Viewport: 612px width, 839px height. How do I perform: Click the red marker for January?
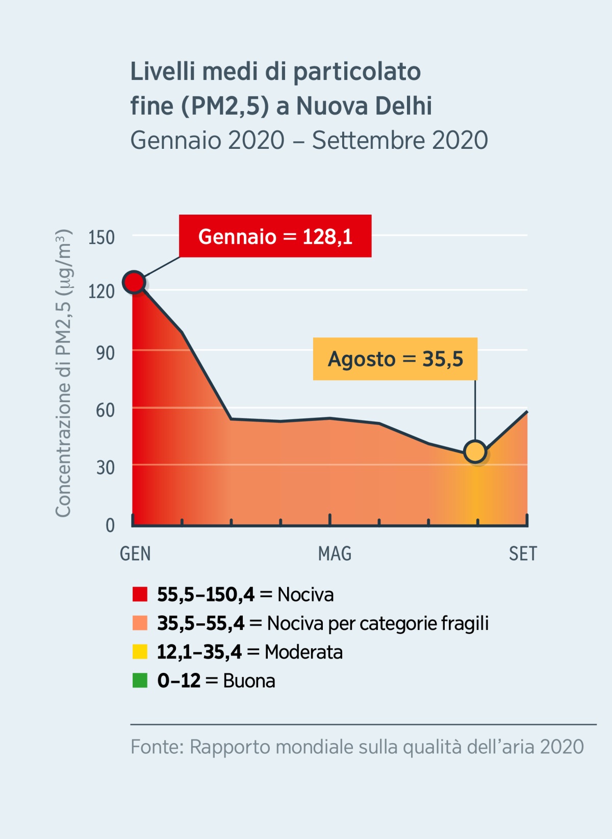tap(134, 282)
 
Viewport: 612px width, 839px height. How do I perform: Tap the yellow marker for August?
tap(475, 452)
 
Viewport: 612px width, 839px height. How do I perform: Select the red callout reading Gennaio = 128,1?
tap(275, 236)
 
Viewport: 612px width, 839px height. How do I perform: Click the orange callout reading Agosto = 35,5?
tap(395, 359)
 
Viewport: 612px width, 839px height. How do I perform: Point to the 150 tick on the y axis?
tap(101, 238)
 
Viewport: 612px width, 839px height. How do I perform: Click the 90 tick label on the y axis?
tap(105, 353)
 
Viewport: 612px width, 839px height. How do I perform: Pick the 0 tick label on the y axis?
tap(110, 525)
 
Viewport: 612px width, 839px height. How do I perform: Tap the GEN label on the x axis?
tap(135, 554)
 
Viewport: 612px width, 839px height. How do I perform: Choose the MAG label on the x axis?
tap(335, 554)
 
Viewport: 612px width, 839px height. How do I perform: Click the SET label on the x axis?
tap(523, 554)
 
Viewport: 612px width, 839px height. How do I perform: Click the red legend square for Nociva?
tap(140, 594)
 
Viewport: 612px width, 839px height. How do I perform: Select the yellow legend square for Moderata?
tap(140, 652)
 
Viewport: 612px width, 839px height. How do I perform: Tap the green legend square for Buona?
tap(140, 680)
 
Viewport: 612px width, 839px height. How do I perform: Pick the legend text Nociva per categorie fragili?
tap(377, 623)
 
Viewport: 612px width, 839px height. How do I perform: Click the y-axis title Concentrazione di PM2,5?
tap(63, 374)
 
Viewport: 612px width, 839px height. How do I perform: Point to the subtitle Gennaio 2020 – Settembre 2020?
tap(309, 140)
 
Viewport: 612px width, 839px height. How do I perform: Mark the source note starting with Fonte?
tap(357, 747)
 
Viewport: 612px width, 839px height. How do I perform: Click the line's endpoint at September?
tap(527, 411)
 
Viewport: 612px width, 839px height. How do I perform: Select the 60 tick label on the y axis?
tap(105, 410)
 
